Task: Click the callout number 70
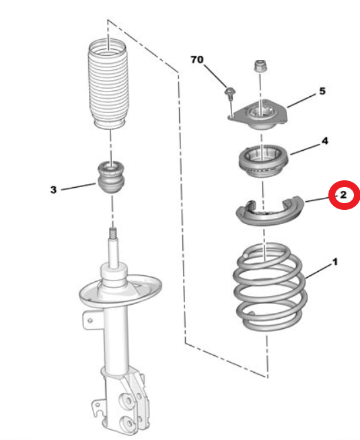(x=196, y=59)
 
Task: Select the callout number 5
(x=322, y=91)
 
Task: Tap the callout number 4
(x=324, y=141)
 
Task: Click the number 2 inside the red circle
(x=343, y=194)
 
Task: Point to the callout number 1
(x=334, y=262)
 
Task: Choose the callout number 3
(x=53, y=190)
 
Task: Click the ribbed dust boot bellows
(x=108, y=84)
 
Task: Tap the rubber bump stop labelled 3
(x=112, y=177)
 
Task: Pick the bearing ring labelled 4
(x=263, y=161)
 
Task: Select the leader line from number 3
(x=78, y=187)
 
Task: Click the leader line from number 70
(x=215, y=76)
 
